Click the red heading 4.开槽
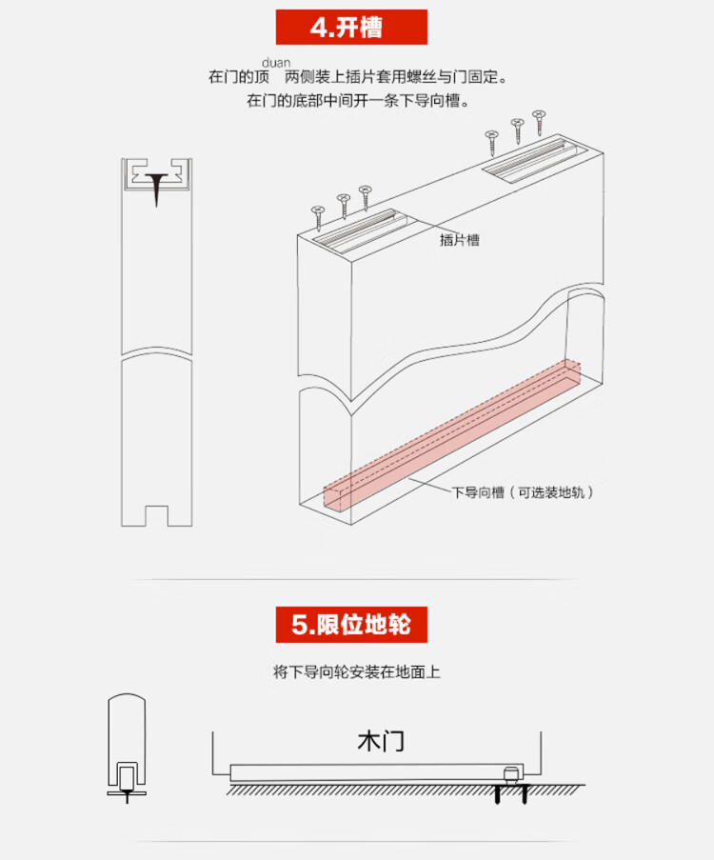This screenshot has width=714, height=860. point(351,27)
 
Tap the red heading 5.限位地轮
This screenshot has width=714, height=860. point(351,624)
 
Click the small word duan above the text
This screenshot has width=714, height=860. point(276,63)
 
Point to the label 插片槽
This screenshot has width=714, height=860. point(460,240)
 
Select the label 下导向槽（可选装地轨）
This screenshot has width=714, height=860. point(523,492)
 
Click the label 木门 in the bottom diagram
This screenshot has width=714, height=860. point(381,741)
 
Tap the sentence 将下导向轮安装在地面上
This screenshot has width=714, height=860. point(356,671)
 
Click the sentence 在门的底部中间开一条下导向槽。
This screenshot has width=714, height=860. point(358,101)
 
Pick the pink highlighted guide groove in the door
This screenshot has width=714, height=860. point(451,436)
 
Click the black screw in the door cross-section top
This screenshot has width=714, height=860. point(156,187)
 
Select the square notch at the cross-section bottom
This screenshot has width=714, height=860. point(156,515)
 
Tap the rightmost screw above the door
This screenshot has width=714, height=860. point(539,122)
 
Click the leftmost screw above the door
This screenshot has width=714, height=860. point(318,218)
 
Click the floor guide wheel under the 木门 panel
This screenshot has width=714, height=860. point(511,775)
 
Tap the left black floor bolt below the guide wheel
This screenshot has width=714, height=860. point(498,794)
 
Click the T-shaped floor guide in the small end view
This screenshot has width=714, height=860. point(127,795)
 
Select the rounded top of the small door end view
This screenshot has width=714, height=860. point(127,698)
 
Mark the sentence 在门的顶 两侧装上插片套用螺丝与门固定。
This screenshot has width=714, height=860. point(358,77)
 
